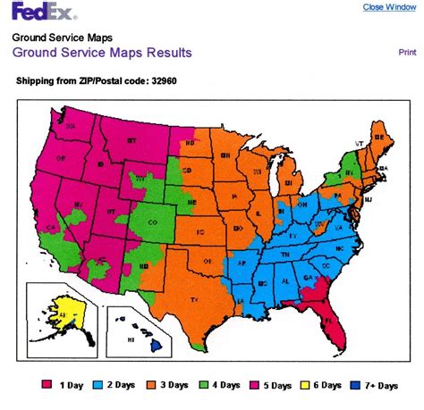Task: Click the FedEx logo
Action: pos(42,12)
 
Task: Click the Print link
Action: pos(407,53)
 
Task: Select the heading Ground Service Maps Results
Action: pos(101,53)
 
